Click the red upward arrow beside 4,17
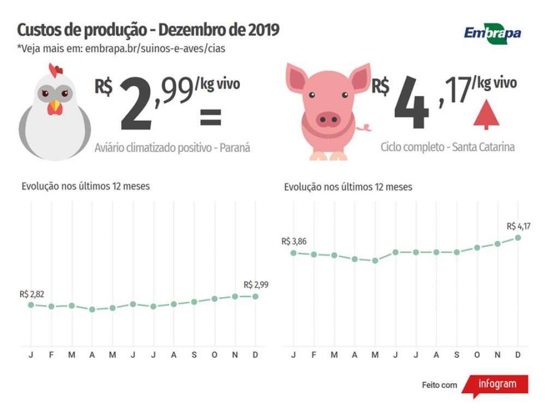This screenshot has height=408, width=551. [486, 115]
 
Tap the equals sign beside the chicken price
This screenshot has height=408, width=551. [210, 117]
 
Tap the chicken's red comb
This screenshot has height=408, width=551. [55, 70]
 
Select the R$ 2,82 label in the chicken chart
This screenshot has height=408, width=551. [32, 294]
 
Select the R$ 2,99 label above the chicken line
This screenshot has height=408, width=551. [256, 285]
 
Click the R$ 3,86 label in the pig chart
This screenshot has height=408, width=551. [294, 241]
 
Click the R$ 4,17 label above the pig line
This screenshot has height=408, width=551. [518, 226]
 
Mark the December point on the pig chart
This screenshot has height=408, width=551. [518, 238]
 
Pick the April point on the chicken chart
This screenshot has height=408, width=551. [92, 309]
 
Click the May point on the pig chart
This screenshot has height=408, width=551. [375, 261]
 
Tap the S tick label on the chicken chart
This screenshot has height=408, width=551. [194, 355]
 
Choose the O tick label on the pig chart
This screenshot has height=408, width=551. [477, 355]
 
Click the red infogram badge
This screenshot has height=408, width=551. [496, 384]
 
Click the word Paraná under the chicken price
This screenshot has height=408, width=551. [235, 147]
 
